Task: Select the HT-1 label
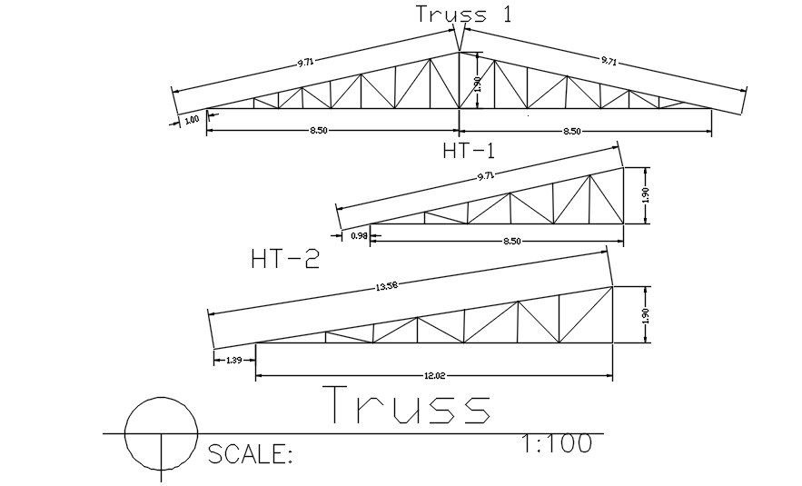click(x=468, y=151)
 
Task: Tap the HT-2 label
click(x=284, y=261)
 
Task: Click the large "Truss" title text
click(x=407, y=406)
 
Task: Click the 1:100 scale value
click(x=557, y=443)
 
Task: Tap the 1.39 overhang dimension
click(x=233, y=361)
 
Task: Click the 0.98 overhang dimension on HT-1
click(x=359, y=236)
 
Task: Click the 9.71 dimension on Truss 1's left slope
click(x=304, y=64)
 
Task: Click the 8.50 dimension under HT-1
click(x=511, y=241)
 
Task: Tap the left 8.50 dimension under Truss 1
click(x=318, y=131)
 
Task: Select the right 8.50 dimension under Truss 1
click(x=572, y=132)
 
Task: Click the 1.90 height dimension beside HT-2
click(x=644, y=315)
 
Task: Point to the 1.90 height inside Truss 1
click(x=478, y=84)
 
